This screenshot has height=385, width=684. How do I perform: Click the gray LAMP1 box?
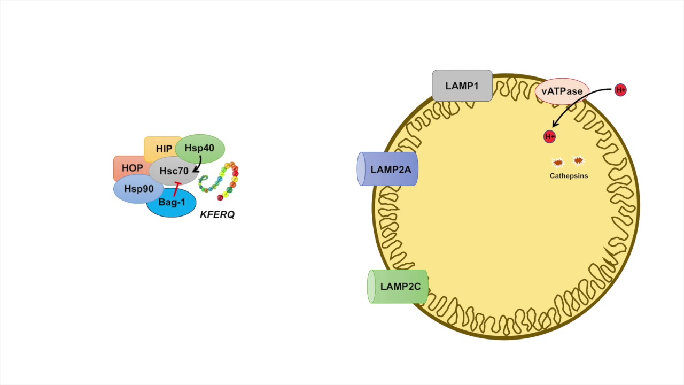pyautogui.click(x=462, y=86)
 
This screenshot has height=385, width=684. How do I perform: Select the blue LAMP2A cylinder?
pyautogui.click(x=387, y=169)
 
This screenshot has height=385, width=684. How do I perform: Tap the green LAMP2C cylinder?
pyautogui.click(x=399, y=287)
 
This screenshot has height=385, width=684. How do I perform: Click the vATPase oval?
pyautogui.click(x=562, y=91)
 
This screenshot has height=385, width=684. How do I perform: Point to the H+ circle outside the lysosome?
pyautogui.click(x=620, y=90)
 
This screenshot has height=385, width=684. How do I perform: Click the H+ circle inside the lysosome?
pyautogui.click(x=549, y=137)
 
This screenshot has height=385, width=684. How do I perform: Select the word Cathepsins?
pyautogui.click(x=569, y=175)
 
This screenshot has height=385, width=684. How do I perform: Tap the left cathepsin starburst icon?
pyautogui.click(x=557, y=163)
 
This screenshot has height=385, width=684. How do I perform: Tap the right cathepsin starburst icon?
pyautogui.click(x=578, y=160)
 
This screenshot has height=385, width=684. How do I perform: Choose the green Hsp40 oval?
pyautogui.click(x=199, y=148)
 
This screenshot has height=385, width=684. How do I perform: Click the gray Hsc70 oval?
pyautogui.click(x=174, y=172)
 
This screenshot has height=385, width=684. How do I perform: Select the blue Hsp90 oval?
pyautogui.click(x=138, y=189)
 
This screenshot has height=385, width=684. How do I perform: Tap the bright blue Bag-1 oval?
pyautogui.click(x=171, y=203)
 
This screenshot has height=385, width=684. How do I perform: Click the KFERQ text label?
pyautogui.click(x=217, y=215)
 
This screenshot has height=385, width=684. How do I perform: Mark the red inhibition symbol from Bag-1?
pyautogui.click(x=176, y=188)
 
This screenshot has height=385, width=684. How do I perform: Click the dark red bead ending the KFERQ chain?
pyautogui.click(x=220, y=198)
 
